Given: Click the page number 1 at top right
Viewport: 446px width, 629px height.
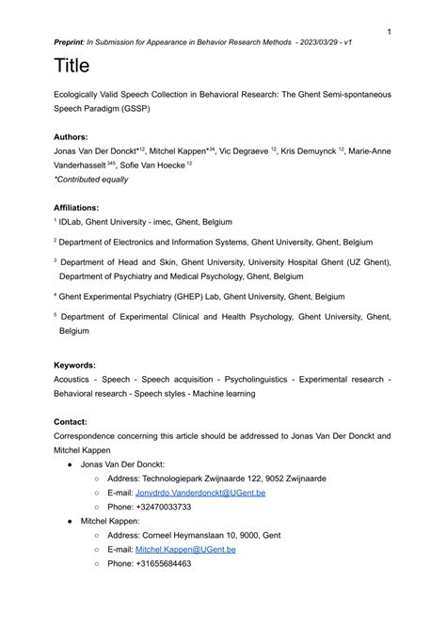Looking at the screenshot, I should click(x=389, y=32).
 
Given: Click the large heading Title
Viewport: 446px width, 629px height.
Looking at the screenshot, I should click(x=72, y=67).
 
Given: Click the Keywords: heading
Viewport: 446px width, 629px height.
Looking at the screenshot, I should click(x=75, y=365).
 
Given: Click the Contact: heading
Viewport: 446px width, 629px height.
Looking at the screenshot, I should click(x=72, y=422).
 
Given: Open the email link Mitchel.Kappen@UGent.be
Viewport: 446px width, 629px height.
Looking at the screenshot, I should click(x=185, y=549).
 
